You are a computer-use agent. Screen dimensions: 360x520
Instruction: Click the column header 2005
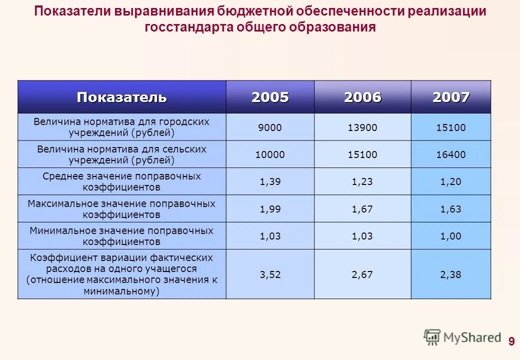(270, 97)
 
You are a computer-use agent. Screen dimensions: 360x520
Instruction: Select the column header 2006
(362, 97)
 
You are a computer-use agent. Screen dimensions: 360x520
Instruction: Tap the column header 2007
(451, 97)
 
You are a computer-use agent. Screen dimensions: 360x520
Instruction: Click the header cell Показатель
(121, 97)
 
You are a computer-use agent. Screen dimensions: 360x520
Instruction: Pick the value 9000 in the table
(270, 127)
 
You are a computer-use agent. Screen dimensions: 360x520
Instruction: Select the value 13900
(362, 127)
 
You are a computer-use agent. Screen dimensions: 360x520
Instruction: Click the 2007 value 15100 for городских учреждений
(451, 127)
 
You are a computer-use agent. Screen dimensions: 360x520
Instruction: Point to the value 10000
(270, 154)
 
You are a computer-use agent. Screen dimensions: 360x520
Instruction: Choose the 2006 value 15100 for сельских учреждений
(362, 154)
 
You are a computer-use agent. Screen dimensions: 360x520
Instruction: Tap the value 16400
(451, 154)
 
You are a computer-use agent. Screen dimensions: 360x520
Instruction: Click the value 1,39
(270, 182)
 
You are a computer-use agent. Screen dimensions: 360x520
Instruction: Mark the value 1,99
(270, 209)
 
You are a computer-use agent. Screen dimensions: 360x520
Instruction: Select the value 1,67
(362, 209)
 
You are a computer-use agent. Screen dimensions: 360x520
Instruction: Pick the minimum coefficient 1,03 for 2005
(270, 236)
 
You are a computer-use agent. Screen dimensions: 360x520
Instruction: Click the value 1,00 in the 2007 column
(451, 236)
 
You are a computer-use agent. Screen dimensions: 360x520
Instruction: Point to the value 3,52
(270, 274)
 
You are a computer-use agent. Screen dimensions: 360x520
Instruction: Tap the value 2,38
(451, 274)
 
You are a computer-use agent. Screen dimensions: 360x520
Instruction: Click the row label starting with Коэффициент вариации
(121, 274)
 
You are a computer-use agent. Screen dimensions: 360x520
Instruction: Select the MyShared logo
(462, 337)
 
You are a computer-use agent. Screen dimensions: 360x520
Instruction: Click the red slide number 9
(511, 342)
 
